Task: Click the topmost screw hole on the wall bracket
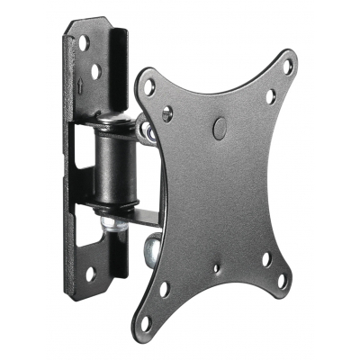[83, 42]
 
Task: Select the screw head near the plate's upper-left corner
[168, 113]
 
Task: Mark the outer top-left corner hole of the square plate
[149, 87]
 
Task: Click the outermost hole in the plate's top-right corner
[287, 67]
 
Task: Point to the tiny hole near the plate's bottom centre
[216, 266]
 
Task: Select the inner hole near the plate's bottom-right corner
[266, 258]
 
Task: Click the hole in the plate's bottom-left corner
[163, 290]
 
